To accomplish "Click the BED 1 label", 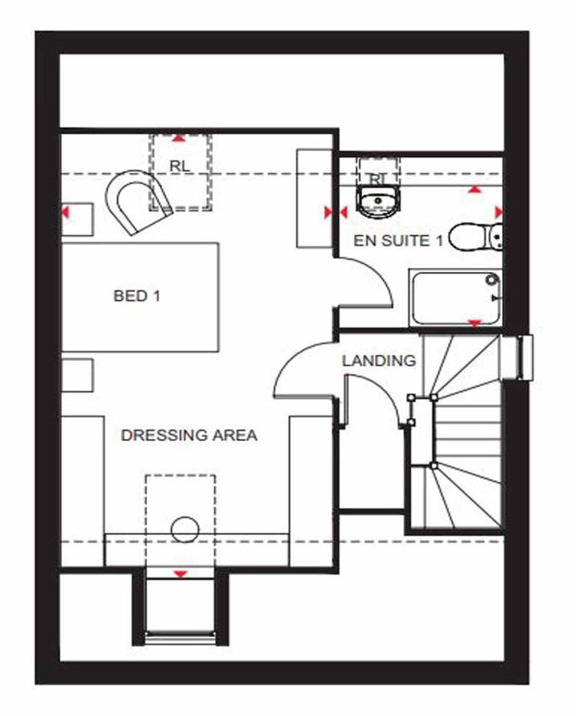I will point(137,296).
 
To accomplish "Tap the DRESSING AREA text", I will point(189,435).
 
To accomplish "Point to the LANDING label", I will point(379,361).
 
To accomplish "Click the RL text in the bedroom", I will point(179,165).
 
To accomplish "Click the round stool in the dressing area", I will point(185,530).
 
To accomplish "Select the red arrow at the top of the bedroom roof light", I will point(179,138).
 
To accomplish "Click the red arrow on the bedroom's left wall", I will point(65,213).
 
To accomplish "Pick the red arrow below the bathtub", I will point(475,323).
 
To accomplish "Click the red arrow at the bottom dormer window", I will point(180,574).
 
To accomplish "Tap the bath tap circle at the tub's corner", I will point(491,280).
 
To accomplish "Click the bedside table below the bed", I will point(79,376).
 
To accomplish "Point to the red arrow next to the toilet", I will point(499,211).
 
